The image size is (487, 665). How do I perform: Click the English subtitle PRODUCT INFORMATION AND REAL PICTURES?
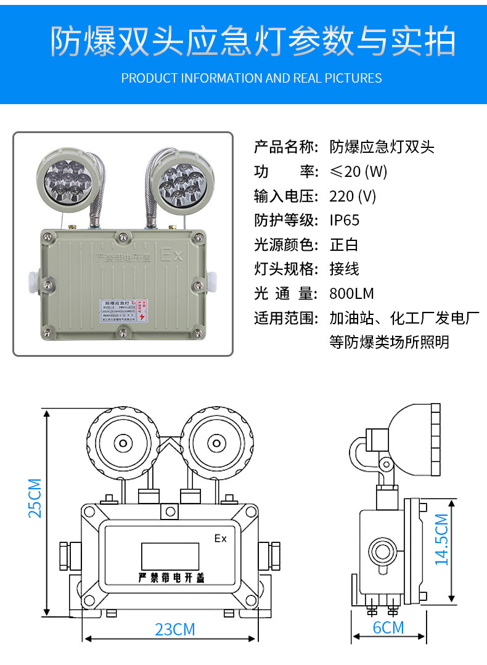251,78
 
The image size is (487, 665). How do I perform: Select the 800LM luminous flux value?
351,293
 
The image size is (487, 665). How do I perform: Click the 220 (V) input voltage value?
352,196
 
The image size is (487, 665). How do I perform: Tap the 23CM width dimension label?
174,629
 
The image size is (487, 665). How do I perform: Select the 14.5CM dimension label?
441,539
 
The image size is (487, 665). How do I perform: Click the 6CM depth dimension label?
388,627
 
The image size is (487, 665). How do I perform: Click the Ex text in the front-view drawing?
220,539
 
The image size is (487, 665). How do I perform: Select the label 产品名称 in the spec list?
285,147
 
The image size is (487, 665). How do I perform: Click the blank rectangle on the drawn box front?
170,555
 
